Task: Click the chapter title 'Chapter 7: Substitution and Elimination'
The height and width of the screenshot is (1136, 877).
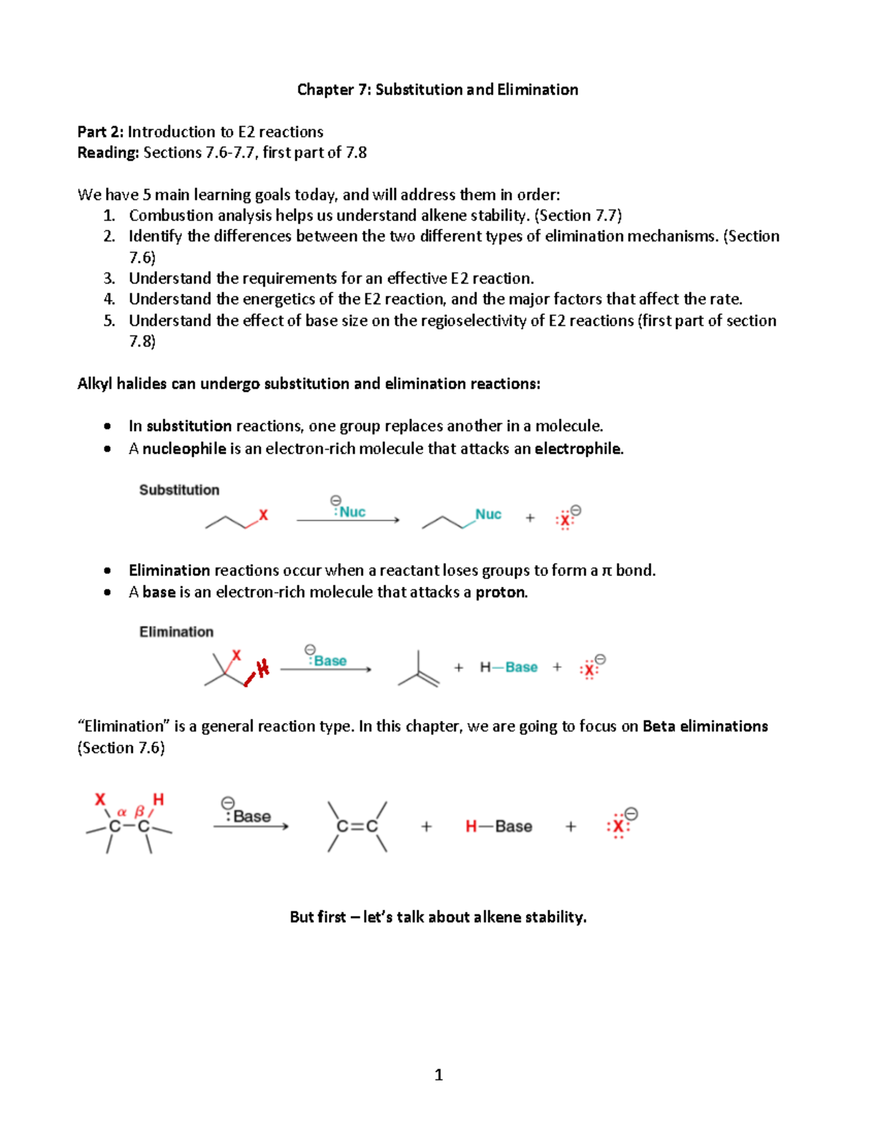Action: pyautogui.click(x=437, y=90)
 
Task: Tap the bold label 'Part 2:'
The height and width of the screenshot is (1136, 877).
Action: pyautogui.click(x=101, y=132)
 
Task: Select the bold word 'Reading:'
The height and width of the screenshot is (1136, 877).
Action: pyautogui.click(x=108, y=153)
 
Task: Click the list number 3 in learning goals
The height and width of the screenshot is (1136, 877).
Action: pyautogui.click(x=109, y=279)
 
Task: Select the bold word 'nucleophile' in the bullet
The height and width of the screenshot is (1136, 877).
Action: pyautogui.click(x=184, y=449)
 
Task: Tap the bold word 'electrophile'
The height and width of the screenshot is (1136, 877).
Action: pyautogui.click(x=578, y=449)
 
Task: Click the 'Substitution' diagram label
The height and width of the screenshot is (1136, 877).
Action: pyautogui.click(x=179, y=490)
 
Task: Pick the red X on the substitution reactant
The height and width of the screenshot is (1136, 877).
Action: pyautogui.click(x=264, y=515)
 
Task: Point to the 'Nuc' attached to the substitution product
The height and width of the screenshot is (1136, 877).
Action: pyautogui.click(x=488, y=514)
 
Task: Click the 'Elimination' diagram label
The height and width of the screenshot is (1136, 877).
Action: pyautogui.click(x=176, y=632)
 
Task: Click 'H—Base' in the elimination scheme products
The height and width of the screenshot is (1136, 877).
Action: pyautogui.click(x=509, y=667)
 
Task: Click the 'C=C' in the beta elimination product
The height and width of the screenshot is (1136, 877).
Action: pyautogui.click(x=357, y=826)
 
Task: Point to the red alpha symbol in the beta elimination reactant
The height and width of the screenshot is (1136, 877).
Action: pyautogui.click(x=122, y=811)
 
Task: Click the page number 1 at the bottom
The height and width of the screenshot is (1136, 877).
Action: pyautogui.click(x=438, y=1075)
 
